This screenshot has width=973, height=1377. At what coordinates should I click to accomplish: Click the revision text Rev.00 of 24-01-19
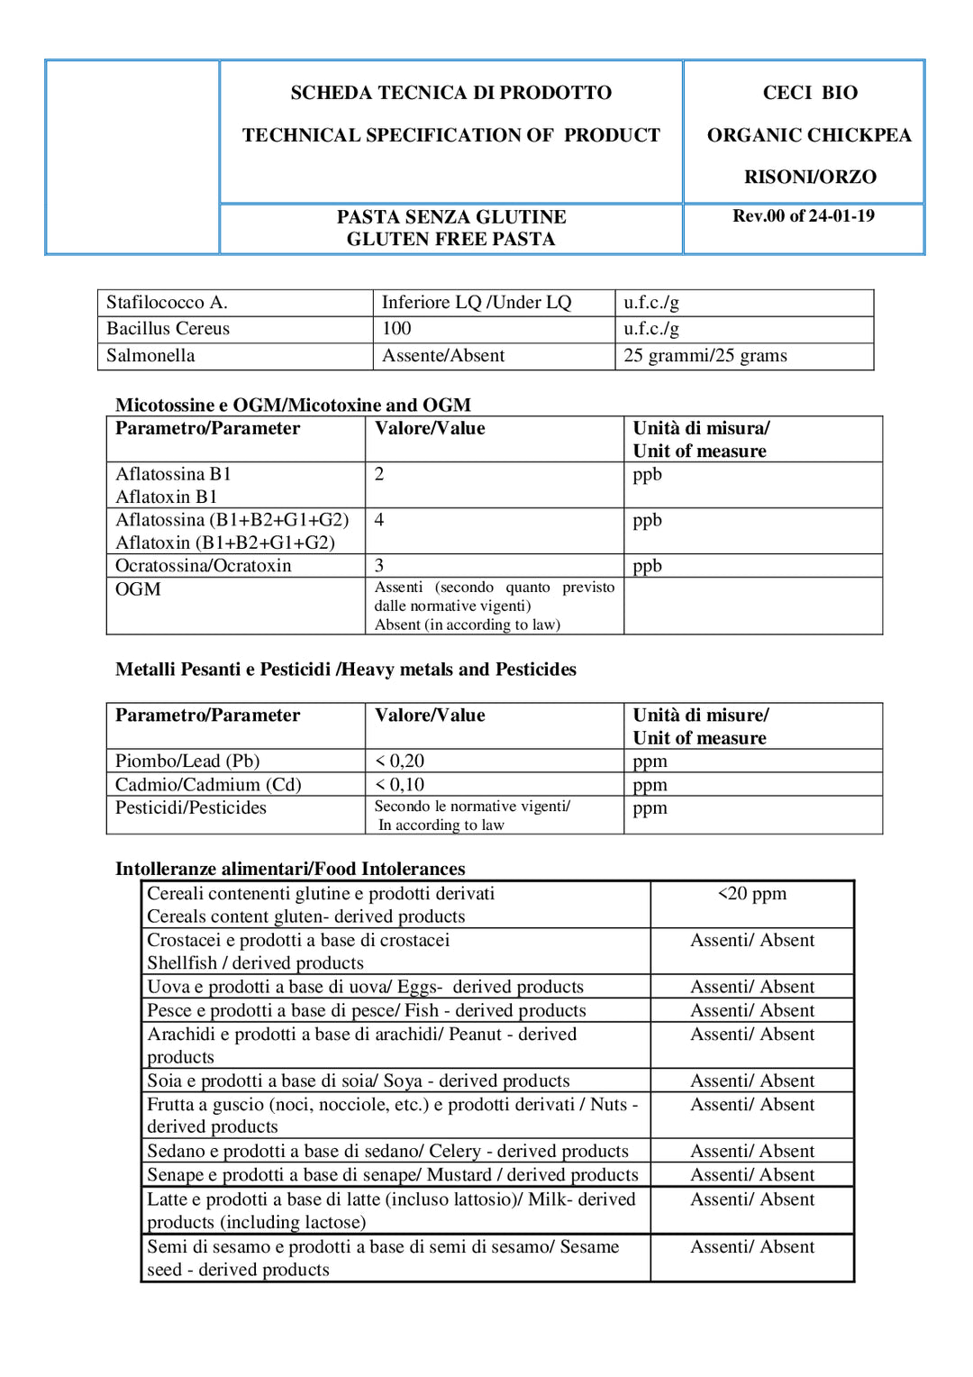(x=803, y=216)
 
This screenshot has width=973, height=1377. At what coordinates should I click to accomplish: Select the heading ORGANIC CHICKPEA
(x=808, y=135)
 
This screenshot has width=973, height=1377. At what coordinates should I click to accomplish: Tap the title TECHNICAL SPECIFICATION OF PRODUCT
(x=450, y=135)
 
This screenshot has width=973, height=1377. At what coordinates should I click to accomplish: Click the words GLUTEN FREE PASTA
(x=450, y=240)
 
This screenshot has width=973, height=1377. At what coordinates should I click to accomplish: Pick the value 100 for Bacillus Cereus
(x=396, y=329)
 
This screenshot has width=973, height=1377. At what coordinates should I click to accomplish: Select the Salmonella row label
(x=150, y=356)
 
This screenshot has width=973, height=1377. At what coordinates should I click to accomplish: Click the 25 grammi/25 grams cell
(x=705, y=356)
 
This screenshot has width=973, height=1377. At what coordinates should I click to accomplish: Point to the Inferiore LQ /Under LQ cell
(x=476, y=303)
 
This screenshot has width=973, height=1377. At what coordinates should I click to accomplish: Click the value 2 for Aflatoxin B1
(x=379, y=475)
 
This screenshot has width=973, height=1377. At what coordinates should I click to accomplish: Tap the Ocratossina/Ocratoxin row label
(x=204, y=566)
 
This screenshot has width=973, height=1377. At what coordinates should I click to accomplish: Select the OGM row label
(x=138, y=589)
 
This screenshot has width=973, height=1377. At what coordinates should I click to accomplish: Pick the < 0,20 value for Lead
(x=399, y=761)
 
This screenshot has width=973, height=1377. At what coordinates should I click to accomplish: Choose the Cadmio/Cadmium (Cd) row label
(x=208, y=785)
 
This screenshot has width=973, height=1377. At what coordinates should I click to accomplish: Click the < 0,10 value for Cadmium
(x=399, y=785)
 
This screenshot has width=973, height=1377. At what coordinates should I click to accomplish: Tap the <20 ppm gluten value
(x=751, y=894)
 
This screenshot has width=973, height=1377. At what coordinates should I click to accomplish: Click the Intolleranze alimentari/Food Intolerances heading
(x=290, y=870)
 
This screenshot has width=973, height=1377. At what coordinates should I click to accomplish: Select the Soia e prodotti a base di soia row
(x=358, y=1081)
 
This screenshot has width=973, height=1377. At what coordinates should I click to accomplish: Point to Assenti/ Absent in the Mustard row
(x=751, y=1175)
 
